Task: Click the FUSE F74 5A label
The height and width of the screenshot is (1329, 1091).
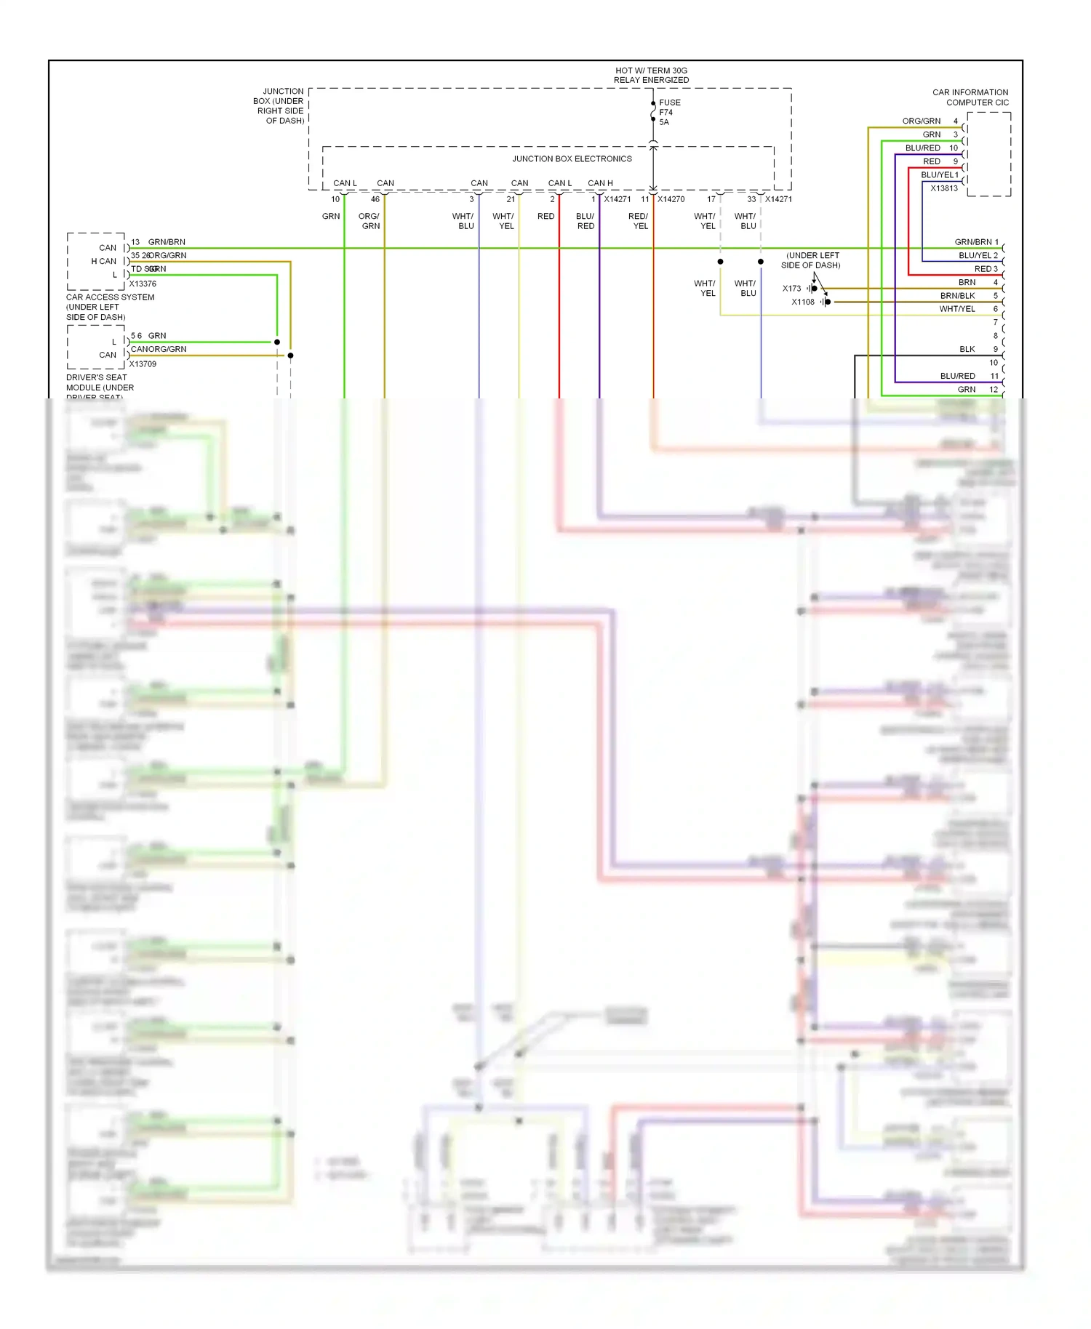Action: (669, 112)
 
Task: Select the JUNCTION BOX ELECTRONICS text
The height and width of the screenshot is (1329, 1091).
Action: (572, 158)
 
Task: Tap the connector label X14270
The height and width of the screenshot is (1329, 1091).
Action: (671, 199)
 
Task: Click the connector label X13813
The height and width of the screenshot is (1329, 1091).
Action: (944, 188)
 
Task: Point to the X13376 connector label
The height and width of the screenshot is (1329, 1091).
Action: (143, 284)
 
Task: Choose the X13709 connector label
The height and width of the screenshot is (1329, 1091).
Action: (143, 364)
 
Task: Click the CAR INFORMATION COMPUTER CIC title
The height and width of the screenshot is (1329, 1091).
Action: (970, 97)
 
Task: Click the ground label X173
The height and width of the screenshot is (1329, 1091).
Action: (791, 289)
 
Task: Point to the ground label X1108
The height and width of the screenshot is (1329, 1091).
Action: (803, 302)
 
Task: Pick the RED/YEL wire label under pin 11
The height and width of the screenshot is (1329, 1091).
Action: (639, 221)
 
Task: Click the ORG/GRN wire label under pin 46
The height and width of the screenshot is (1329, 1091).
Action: (369, 221)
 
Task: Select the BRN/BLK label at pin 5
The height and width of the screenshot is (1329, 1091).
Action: (957, 296)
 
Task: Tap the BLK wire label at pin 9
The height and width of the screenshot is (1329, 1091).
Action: (967, 350)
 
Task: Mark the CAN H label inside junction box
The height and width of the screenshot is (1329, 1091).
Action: (600, 183)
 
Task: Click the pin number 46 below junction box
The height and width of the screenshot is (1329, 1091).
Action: (375, 199)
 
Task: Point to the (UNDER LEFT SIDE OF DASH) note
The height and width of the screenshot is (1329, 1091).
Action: (811, 260)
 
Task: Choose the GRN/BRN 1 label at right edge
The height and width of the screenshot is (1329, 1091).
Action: (976, 242)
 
